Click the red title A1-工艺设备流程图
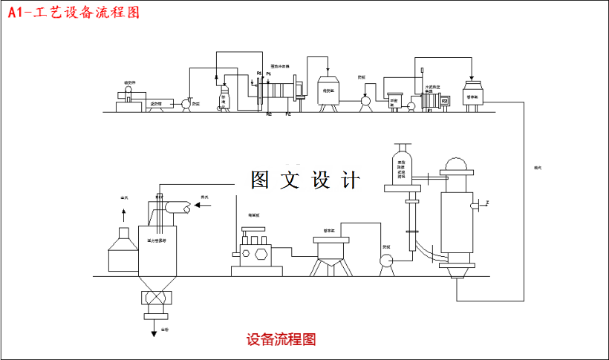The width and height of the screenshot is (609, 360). tap(73, 13)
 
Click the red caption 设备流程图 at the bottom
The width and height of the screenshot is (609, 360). tap(281, 340)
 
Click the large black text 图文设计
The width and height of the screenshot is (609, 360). tap(305, 180)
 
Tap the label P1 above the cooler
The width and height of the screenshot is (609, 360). tap(268, 73)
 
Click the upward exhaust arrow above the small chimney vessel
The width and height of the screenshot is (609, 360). tap(123, 215)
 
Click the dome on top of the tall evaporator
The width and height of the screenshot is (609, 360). tap(457, 165)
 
